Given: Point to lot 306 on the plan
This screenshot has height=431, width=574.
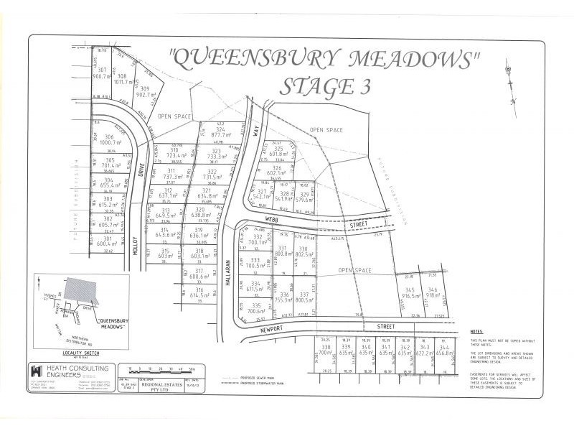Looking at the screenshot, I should [x=108, y=139].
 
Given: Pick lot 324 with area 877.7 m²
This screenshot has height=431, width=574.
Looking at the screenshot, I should [x=220, y=131].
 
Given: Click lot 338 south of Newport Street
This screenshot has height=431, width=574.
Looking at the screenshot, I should [x=325, y=349].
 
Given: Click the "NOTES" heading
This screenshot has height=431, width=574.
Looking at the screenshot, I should [x=478, y=331].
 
